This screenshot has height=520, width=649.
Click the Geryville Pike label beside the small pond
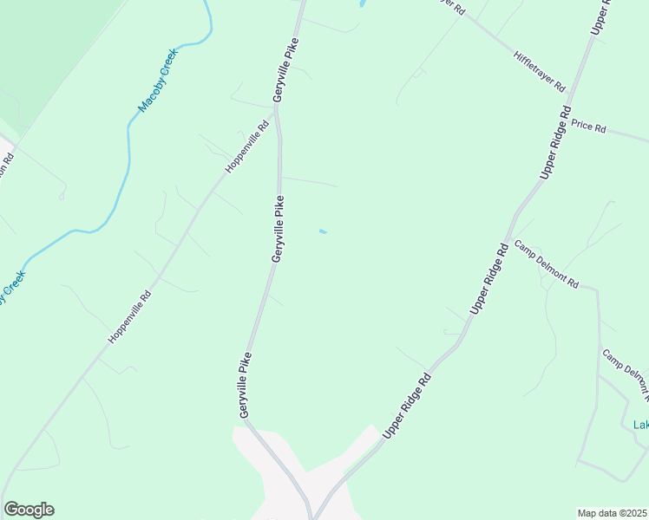pos(279,229)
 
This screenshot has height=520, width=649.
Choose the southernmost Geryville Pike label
pos(246,381)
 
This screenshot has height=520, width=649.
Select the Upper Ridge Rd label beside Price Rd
pos(555,143)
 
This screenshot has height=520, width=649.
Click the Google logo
pos(29,510)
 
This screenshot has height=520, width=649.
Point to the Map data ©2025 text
pos(613,513)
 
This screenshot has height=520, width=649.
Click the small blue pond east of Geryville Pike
pos(323,231)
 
